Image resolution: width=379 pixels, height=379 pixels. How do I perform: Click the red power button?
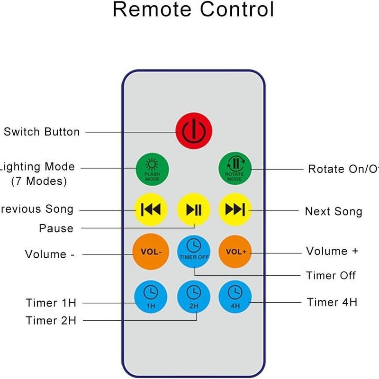point(194,129)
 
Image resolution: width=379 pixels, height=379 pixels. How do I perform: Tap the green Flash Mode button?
point(153,169)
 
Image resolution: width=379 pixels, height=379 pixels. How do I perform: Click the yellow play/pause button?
point(194,209)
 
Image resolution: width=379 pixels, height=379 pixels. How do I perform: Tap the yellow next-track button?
point(235,209)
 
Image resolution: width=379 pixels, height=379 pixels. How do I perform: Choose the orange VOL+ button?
point(235,252)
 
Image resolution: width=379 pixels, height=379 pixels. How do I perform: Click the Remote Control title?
point(193,9)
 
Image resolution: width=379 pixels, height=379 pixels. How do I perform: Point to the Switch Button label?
point(42,132)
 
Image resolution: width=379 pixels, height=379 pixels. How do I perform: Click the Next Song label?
point(334,211)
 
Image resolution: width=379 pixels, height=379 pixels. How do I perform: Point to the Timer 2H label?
point(51,320)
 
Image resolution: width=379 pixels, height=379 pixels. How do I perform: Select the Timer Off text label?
point(331,275)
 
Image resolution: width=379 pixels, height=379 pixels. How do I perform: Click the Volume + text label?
point(332,251)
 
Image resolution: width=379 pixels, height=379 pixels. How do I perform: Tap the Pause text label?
point(56,228)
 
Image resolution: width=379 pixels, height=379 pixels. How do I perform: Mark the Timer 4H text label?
point(332,302)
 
